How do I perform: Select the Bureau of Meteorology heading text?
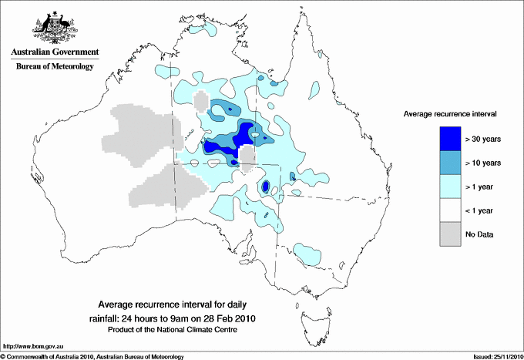pyautogui.click(x=54, y=66)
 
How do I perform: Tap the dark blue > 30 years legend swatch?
pyautogui.click(x=449, y=139)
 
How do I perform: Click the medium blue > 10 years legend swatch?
pyautogui.click(x=449, y=163)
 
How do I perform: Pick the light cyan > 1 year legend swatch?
pyautogui.click(x=449, y=187)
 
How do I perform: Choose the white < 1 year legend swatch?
pyautogui.click(x=449, y=210)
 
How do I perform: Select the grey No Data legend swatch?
pyautogui.click(x=449, y=234)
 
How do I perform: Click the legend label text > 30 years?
pyautogui.click(x=483, y=140)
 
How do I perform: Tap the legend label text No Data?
pyautogui.click(x=479, y=234)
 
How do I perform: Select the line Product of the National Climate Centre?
pyautogui.click(x=176, y=329)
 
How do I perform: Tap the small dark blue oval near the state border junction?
pyautogui.click(x=264, y=187)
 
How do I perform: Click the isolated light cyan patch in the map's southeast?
pyautogui.click(x=309, y=253)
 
